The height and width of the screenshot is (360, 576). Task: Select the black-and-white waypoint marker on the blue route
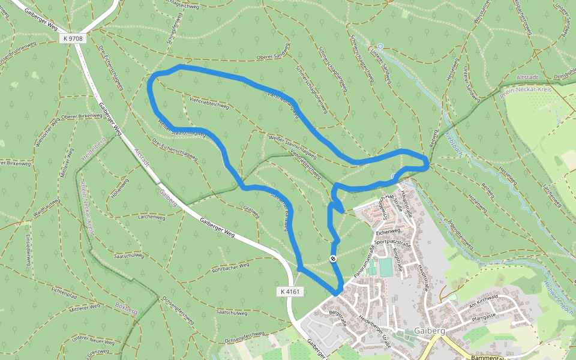tap(333, 259)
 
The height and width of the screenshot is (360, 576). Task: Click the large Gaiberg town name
tap(429, 331)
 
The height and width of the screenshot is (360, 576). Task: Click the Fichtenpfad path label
tap(64, 292)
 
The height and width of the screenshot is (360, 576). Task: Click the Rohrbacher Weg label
tap(230, 268)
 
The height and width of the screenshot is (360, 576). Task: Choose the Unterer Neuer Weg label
tap(92, 341)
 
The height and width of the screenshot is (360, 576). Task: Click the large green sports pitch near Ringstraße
tap(385, 268)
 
